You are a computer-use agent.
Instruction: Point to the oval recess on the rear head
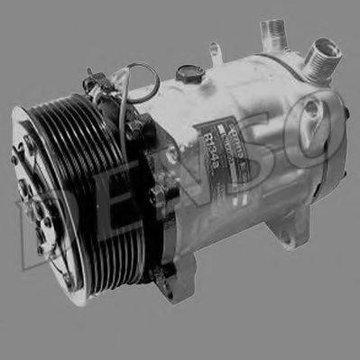[312, 114]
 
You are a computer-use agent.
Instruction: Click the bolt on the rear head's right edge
[346, 115]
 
